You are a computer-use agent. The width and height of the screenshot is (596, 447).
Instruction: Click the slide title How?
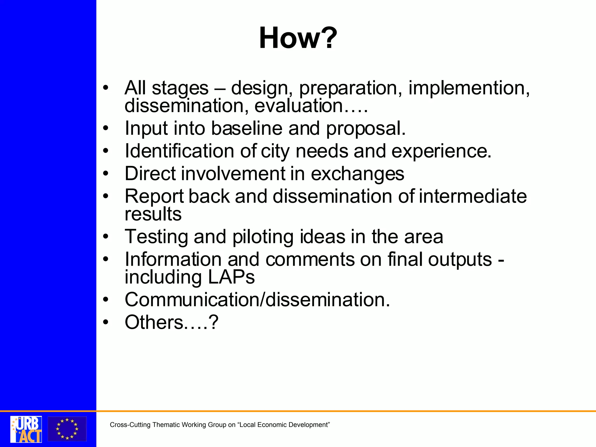[298, 38]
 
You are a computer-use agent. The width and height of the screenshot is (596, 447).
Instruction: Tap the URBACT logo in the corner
[26, 429]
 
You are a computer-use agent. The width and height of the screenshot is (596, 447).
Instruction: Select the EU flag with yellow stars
[67, 429]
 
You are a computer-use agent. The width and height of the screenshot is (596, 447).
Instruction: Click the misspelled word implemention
[469, 88]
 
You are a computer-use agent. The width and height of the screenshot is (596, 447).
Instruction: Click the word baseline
[247, 128]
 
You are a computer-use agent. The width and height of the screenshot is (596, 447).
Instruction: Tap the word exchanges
[357, 174]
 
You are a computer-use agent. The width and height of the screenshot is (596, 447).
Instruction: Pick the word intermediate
[473, 196]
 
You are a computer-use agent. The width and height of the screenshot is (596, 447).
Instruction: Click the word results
[153, 214]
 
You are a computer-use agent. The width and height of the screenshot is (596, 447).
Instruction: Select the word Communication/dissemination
[257, 300]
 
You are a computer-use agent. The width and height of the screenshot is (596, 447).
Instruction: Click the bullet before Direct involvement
[106, 174]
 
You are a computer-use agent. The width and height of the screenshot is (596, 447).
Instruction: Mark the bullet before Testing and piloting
[106, 237]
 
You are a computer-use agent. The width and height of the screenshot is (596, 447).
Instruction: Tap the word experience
[441, 151]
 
